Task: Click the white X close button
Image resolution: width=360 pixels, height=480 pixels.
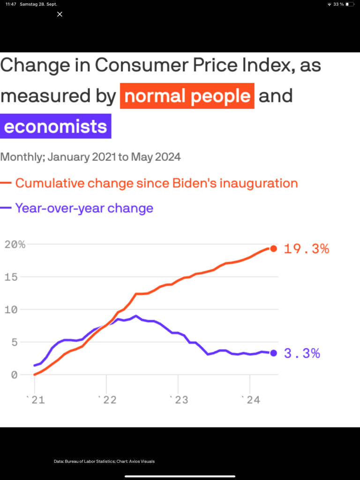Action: (60, 15)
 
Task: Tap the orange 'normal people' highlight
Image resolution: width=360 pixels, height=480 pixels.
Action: (187, 96)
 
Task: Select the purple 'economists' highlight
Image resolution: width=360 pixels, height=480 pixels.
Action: (56, 127)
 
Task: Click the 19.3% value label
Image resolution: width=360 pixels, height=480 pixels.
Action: (307, 249)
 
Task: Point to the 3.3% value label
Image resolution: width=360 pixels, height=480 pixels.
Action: (302, 353)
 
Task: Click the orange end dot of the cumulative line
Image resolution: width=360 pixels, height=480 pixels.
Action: (273, 248)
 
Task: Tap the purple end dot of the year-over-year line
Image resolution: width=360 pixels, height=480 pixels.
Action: (273, 353)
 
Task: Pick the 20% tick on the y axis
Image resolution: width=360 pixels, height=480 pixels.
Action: (15, 244)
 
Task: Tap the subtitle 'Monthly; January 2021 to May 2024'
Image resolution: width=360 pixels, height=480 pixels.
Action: (90, 157)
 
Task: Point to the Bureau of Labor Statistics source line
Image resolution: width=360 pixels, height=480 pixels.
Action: (104, 461)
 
